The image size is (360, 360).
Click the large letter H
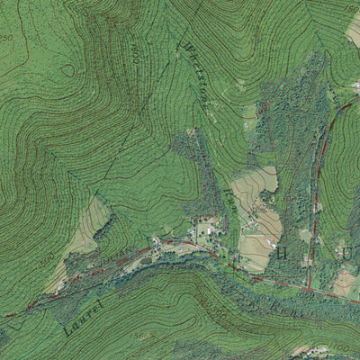(x=280, y=253)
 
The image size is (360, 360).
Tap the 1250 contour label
(x=6, y=38)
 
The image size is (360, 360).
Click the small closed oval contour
(x=67, y=69)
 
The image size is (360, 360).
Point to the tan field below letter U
(x=345, y=283)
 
